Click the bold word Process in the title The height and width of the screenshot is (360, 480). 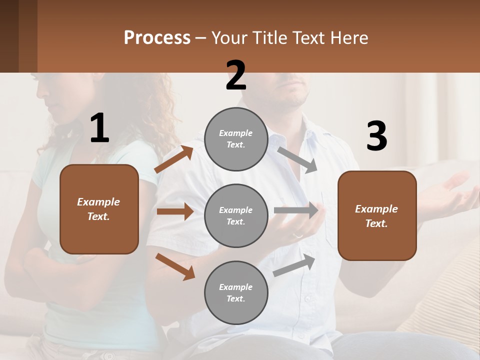pos(157,38)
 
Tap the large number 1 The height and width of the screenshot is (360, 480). pos(99,128)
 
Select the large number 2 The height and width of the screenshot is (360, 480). pos(236,75)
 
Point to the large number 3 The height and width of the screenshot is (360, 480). pos(376,136)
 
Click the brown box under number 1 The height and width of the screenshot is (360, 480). pos(99,209)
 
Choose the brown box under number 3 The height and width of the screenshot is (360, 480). pos(377,215)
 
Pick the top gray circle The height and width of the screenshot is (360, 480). pos(236,139)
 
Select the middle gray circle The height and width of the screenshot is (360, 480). pos(236,215)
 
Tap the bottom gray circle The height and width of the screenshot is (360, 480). pos(236,292)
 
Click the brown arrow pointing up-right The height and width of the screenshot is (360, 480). pos(173,159)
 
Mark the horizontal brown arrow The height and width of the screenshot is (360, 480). pos(175,211)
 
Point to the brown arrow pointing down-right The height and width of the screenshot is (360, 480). pos(175,266)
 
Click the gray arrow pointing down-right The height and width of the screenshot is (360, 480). pos(297,160)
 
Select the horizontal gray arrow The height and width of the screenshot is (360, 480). pos(296,210)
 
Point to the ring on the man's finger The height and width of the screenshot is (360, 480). pos(297,234)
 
